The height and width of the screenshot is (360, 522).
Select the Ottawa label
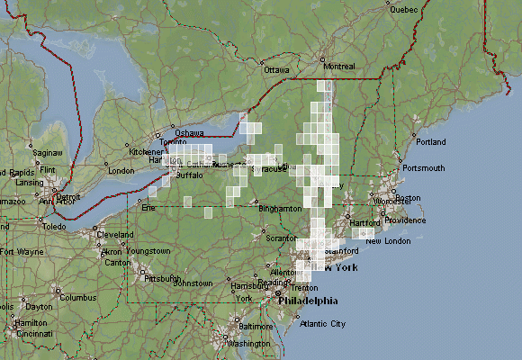[276, 69]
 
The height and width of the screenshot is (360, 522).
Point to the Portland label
[431, 142]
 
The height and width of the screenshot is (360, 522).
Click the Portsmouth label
[424, 168]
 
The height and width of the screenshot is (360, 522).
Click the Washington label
[249, 344]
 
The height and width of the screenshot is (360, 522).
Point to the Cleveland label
[115, 234]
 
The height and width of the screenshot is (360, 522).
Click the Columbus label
[78, 297]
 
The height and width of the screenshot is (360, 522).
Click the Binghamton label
[280, 208]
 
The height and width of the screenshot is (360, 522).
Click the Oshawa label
[189, 133]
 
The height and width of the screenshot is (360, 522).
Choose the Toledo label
[53, 227]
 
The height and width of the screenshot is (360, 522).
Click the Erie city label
[148, 207]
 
